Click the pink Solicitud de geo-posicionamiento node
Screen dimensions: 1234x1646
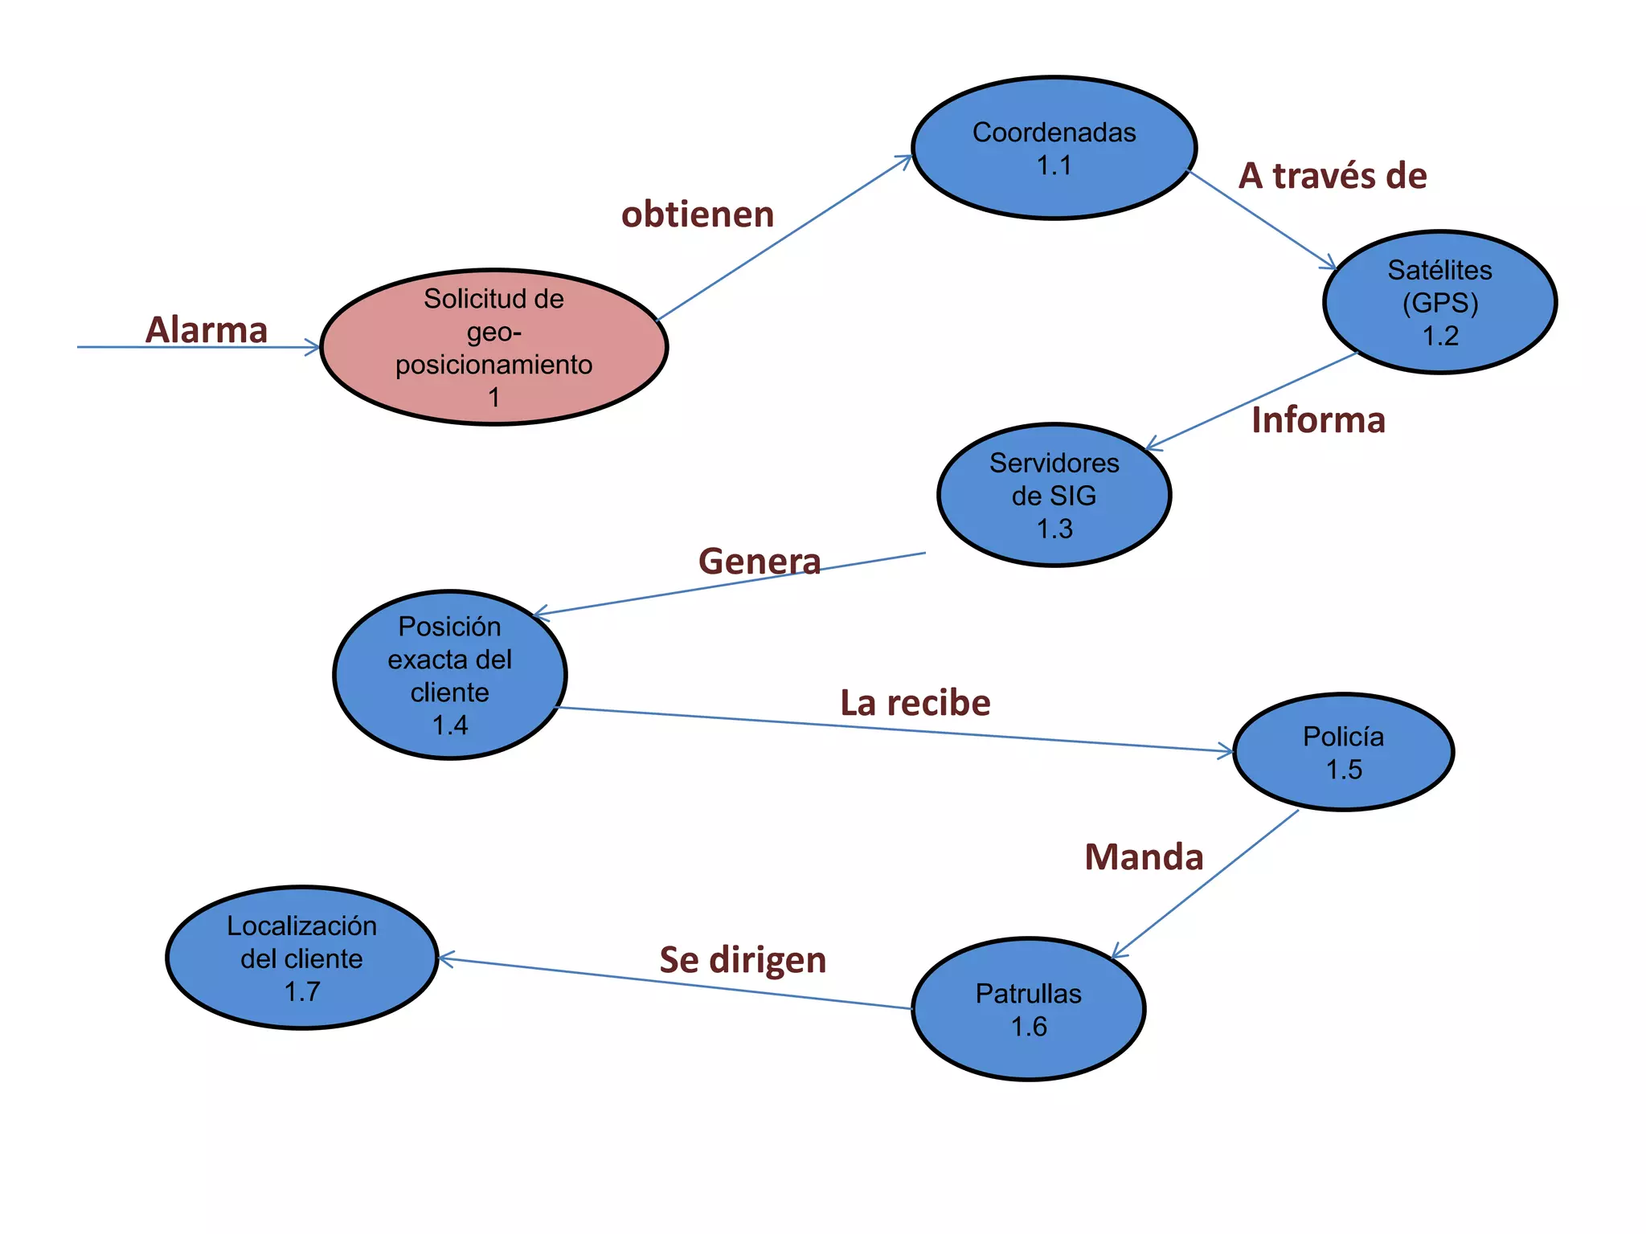point(493,347)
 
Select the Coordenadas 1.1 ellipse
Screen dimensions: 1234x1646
point(1054,148)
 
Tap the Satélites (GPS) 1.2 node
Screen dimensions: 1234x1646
point(1439,302)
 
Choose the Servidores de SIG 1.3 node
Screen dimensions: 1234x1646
point(1054,495)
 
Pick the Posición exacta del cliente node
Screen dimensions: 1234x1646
point(449,675)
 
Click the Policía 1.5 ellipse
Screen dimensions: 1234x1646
point(1343,752)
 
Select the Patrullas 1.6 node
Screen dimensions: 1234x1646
point(1028,1009)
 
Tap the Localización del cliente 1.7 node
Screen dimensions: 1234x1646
point(301,958)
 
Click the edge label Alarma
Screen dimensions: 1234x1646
point(207,329)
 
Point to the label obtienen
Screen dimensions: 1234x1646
point(698,215)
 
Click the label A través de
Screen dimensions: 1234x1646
point(1333,176)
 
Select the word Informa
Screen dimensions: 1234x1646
point(1318,420)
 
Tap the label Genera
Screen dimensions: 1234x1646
point(760,561)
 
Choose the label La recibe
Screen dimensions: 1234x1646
point(915,703)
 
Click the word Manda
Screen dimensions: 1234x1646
point(1144,857)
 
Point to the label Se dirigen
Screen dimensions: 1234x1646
point(743,960)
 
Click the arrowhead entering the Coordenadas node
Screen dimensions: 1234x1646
point(906,159)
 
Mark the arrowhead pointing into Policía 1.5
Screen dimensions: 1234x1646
point(1226,751)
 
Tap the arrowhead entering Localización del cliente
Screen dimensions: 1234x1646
point(445,958)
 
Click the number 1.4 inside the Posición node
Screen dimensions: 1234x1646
point(449,725)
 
